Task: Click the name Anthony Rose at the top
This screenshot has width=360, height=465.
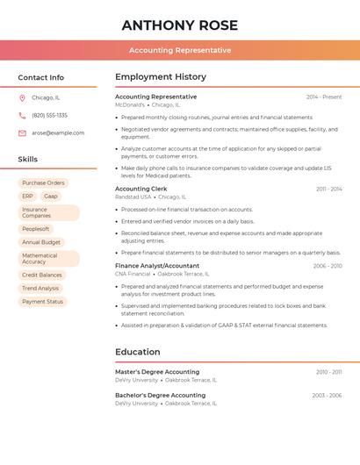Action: (x=180, y=25)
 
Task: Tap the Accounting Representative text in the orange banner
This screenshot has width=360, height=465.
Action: (x=180, y=50)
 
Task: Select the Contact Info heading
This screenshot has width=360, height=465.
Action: (x=41, y=77)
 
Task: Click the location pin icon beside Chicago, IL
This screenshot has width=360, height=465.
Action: (x=22, y=98)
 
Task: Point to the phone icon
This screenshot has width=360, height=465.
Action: (x=22, y=116)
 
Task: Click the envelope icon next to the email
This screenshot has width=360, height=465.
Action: (x=22, y=133)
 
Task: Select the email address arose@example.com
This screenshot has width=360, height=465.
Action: (x=58, y=133)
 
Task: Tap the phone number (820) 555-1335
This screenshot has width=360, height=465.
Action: (x=49, y=116)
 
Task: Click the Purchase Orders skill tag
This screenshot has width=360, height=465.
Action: (x=43, y=183)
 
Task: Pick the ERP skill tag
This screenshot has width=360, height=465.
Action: (x=27, y=197)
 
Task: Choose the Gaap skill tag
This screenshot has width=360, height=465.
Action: (x=51, y=197)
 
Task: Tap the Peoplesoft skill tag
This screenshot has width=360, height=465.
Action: (x=36, y=229)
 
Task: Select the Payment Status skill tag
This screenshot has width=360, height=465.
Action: (x=42, y=302)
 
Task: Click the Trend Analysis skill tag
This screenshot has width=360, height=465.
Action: (x=40, y=289)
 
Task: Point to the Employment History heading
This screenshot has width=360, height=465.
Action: (x=161, y=77)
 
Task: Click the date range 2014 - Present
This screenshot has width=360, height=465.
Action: (x=324, y=97)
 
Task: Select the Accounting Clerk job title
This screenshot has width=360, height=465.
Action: (x=140, y=189)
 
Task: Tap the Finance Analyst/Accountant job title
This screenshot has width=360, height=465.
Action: (x=157, y=266)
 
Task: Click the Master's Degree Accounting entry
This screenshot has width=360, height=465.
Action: (x=157, y=372)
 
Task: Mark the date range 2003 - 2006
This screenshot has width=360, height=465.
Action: (x=327, y=396)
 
